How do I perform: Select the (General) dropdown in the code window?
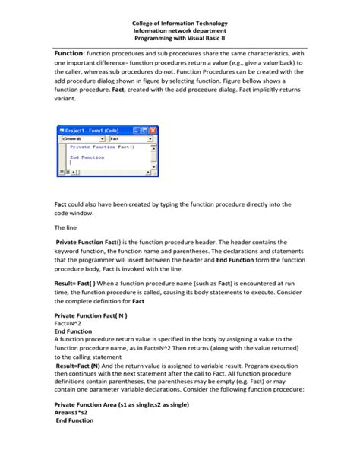[82, 139]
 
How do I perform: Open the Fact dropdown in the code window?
[130, 139]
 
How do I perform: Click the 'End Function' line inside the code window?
[87, 157]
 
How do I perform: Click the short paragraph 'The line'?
[65, 227]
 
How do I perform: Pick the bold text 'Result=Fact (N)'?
[84, 365]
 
